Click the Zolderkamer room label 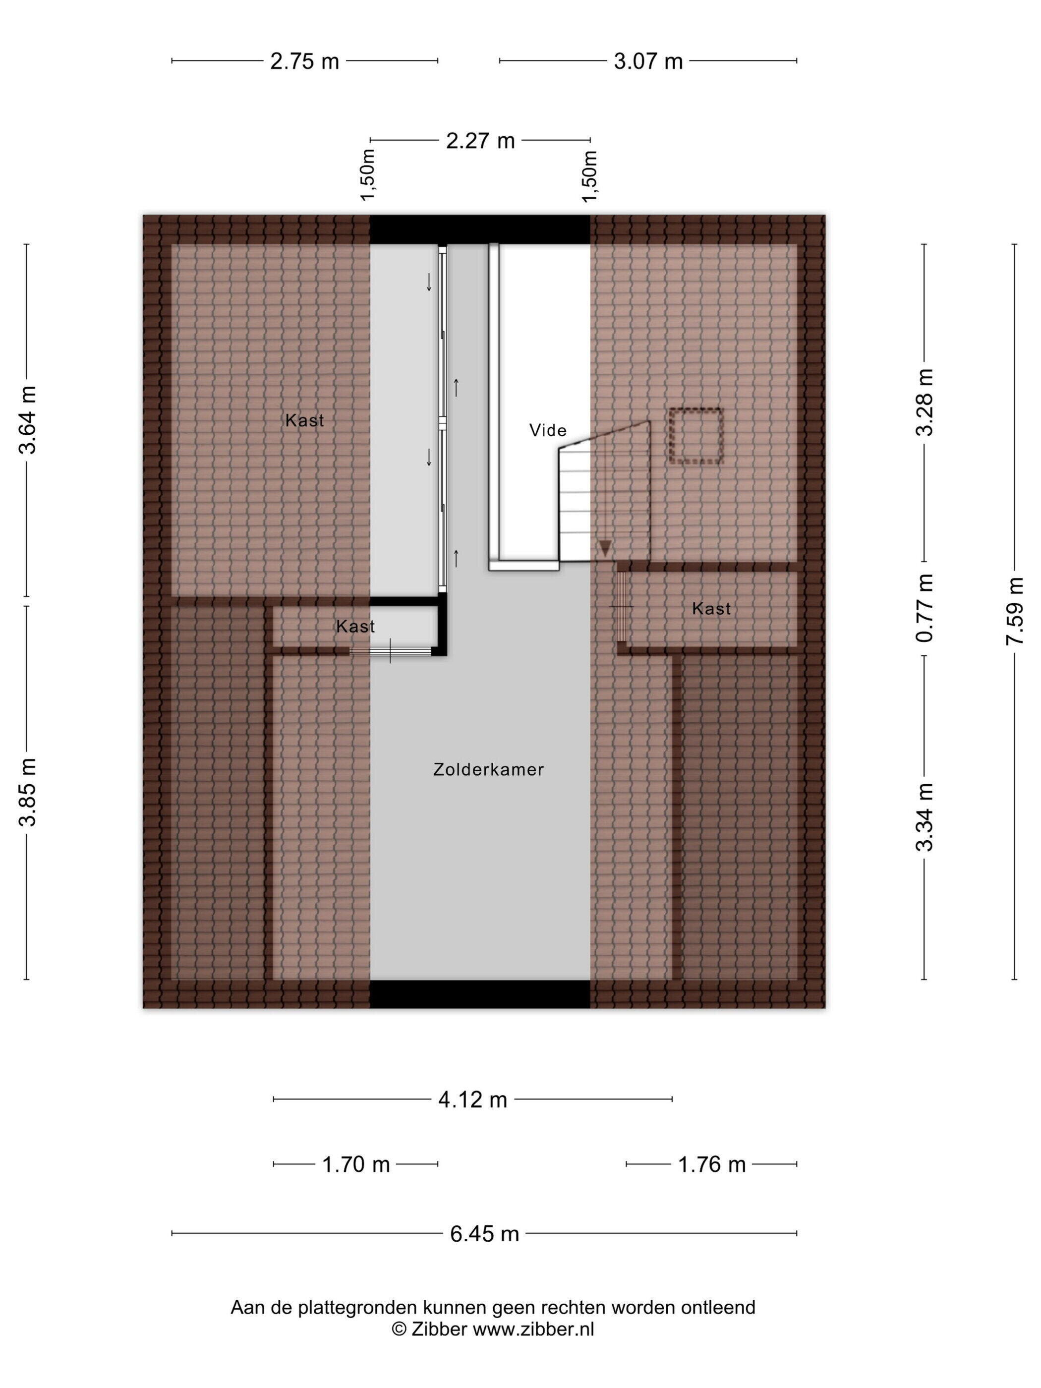(x=488, y=769)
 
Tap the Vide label (x=548, y=430)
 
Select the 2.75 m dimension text (x=304, y=61)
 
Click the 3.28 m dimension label (x=925, y=402)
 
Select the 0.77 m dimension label (x=925, y=607)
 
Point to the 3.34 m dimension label (x=925, y=817)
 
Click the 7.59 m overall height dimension (x=1015, y=611)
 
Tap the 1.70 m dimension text (x=356, y=1164)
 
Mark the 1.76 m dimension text (x=711, y=1164)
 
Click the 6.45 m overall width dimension (x=484, y=1234)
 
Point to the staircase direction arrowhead (x=604, y=548)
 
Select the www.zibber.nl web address (x=533, y=1329)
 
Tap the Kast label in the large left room (x=304, y=420)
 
